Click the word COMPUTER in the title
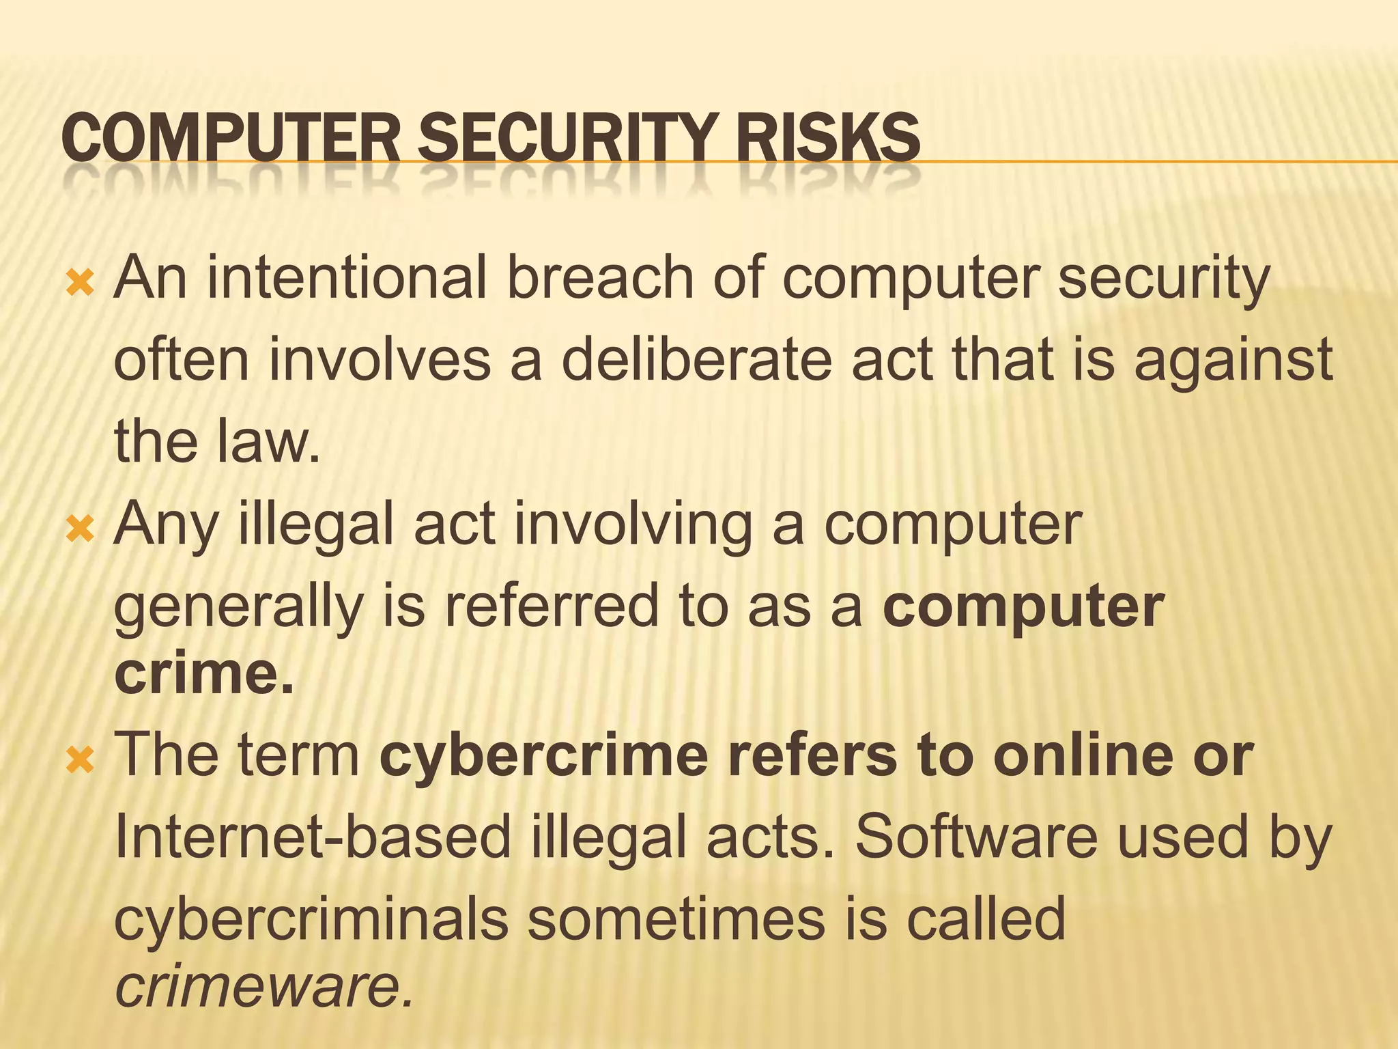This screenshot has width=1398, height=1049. pyautogui.click(x=230, y=139)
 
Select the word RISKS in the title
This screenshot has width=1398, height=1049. pyautogui.click(x=827, y=139)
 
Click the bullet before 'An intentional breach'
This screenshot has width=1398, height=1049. pyautogui.click(x=80, y=282)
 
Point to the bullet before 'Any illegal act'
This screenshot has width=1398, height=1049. pyautogui.click(x=80, y=528)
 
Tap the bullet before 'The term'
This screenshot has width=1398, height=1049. pyautogui.click(x=80, y=759)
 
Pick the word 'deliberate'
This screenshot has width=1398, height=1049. pyautogui.click(x=696, y=360)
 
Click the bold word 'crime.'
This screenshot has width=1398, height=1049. pyautogui.click(x=204, y=674)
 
